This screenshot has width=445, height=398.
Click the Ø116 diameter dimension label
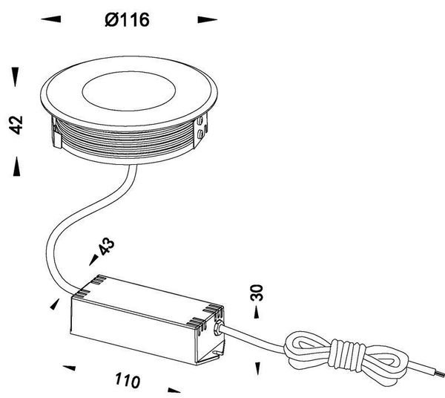coord(128,21)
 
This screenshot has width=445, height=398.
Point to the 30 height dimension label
coord(257,292)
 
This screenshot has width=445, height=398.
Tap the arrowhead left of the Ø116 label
coord(50,20)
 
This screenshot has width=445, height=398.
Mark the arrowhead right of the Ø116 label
coord(205,20)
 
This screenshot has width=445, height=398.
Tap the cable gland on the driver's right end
coord(220,330)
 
